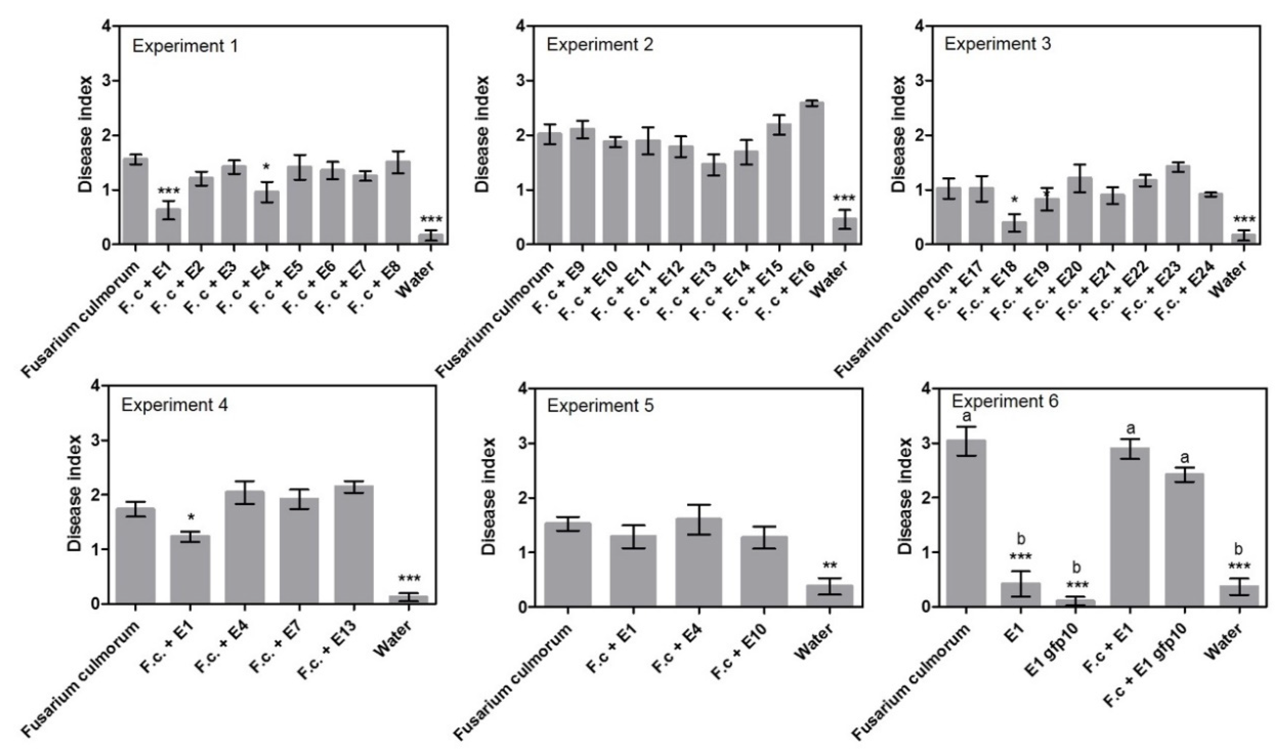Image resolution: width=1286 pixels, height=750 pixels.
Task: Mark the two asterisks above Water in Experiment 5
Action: coord(829,565)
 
